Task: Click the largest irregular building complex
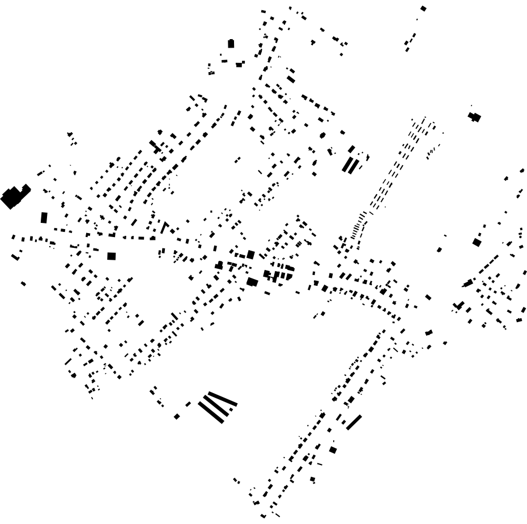15,196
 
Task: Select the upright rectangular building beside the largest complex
44,217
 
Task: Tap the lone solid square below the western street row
111,256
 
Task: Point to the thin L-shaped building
165,227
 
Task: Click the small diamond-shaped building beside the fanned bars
177,416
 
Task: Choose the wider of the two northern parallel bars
347,164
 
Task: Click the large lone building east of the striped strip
474,117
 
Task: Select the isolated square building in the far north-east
423,9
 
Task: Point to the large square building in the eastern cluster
477,242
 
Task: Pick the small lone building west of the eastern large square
439,249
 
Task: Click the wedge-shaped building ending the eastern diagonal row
468,283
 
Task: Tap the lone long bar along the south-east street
354,422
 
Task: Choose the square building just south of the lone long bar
333,450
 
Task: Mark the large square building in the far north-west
231,44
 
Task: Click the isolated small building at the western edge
23,283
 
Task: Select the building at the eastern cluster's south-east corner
519,320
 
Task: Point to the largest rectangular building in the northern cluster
291,79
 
